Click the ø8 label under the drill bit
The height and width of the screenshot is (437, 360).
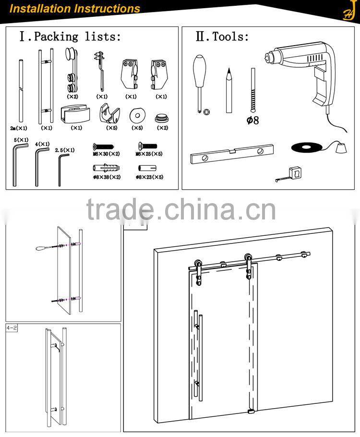click(x=252, y=120)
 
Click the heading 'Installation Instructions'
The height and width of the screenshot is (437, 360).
click(x=75, y=9)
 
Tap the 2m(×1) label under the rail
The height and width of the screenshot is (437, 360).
click(x=19, y=129)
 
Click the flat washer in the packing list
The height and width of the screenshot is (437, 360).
click(x=137, y=115)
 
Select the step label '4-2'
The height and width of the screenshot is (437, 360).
click(x=12, y=328)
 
